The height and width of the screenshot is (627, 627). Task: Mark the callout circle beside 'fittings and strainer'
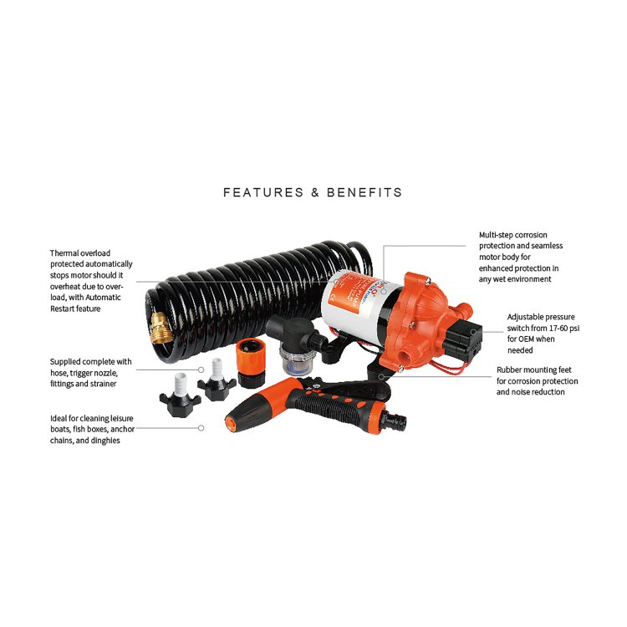pos(201,369)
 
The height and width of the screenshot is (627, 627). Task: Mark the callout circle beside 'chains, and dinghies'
pos(201,428)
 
